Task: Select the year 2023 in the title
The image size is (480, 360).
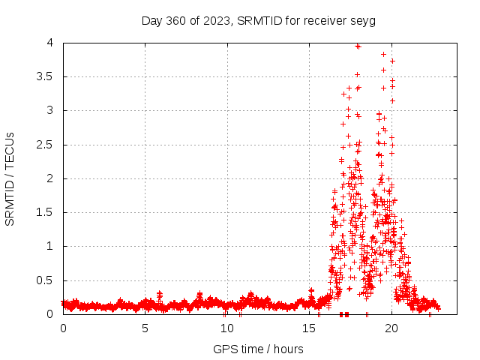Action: (217, 20)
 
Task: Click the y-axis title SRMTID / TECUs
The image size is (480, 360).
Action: (10, 178)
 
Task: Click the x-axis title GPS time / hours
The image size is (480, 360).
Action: (258, 349)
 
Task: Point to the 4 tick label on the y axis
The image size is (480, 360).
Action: (50, 43)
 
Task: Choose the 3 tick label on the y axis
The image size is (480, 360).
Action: (50, 110)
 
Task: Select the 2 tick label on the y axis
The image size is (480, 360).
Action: (50, 178)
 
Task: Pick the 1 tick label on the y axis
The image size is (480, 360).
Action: (50, 246)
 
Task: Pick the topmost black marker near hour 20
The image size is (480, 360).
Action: (392, 61)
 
